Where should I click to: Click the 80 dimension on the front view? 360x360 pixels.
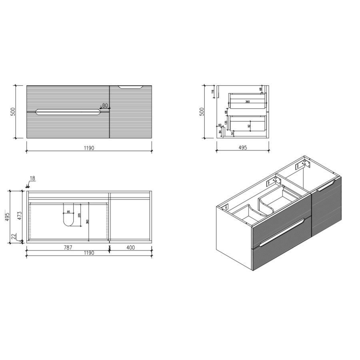pos(105,106)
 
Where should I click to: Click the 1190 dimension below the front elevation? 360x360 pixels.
pos(89,148)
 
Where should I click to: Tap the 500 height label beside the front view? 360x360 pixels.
pos(13,112)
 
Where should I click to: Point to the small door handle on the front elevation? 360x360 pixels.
pos(131,86)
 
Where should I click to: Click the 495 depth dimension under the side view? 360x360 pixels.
pos(243,148)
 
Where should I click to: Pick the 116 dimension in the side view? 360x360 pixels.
pos(213,92)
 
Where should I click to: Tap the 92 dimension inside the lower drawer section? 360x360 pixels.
pos(248,126)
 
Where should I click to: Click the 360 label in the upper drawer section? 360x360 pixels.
pos(248,102)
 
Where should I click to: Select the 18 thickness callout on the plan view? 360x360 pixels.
pos(32,179)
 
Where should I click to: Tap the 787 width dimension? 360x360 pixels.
pos(68,248)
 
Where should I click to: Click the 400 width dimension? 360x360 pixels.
pos(130,248)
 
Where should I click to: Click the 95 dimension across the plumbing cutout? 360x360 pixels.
pos(68,212)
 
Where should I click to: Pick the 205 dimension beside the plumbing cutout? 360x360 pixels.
pos(81,216)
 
